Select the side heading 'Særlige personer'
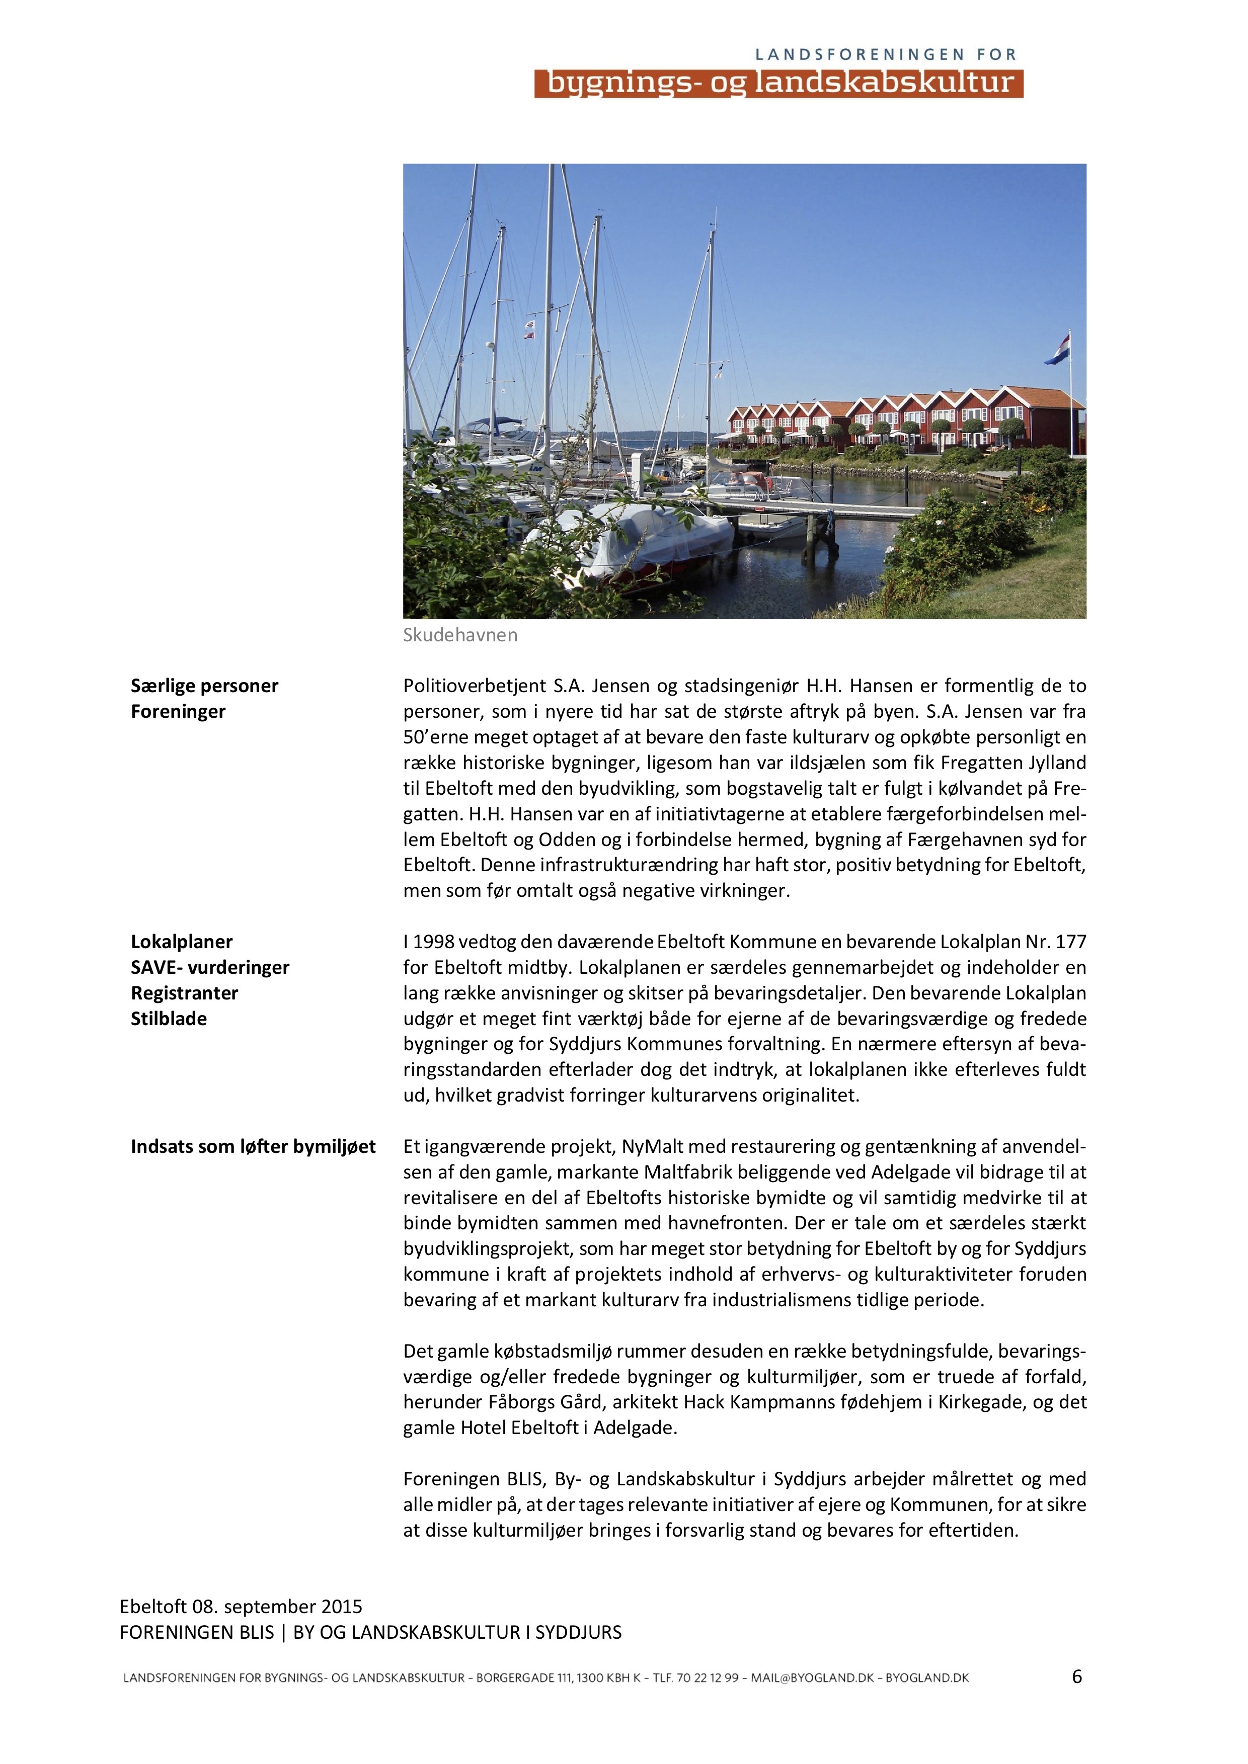pyautogui.click(x=204, y=685)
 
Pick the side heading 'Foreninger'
pyautogui.click(x=178, y=711)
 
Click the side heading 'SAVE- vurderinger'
pyautogui.click(x=210, y=967)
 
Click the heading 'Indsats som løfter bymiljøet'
pyautogui.click(x=253, y=1146)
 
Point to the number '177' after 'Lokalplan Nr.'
pyautogui.click(x=1070, y=942)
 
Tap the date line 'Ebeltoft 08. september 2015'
pyautogui.click(x=241, y=1607)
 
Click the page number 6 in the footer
pyautogui.click(x=1076, y=1677)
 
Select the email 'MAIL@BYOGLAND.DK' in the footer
pyautogui.click(x=812, y=1678)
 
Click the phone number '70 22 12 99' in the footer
pyautogui.click(x=707, y=1678)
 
